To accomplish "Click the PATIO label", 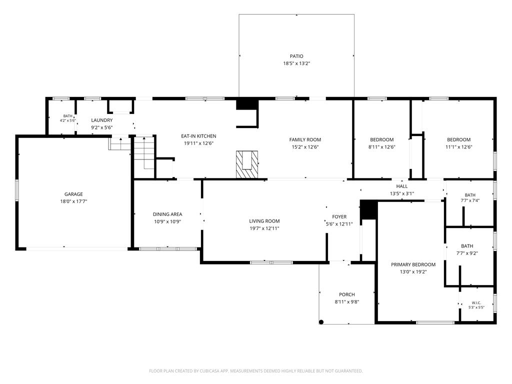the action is tap(296, 56).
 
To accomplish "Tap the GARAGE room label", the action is tap(73, 194).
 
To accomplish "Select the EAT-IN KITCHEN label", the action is tap(198, 136).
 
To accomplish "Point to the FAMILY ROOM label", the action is tap(305, 140).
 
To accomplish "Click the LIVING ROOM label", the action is tap(264, 221).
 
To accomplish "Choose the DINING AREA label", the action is tap(167, 214).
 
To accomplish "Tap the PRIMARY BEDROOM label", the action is tap(413, 264).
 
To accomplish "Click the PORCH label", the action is tap(347, 294).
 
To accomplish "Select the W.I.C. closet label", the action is tap(476, 302).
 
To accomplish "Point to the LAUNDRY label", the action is tap(102, 120).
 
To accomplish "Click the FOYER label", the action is tap(339, 217).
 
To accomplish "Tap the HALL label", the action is tap(402, 186).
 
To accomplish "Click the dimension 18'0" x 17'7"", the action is tap(73, 201).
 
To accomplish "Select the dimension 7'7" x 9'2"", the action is tap(467, 253).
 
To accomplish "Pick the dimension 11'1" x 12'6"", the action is tap(459, 147).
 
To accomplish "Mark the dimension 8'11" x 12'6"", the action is tap(381, 147).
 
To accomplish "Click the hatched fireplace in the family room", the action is tap(247, 164).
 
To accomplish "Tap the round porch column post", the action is tap(321, 322).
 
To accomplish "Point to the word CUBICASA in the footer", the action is tap(211, 371).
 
